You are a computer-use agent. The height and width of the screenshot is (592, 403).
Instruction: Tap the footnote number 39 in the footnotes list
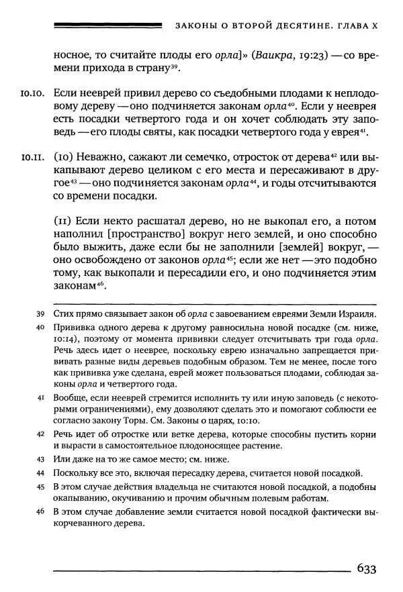click(40, 314)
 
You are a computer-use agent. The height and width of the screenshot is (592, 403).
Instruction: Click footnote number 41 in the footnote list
click(40, 397)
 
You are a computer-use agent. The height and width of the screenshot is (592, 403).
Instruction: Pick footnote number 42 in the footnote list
click(40, 434)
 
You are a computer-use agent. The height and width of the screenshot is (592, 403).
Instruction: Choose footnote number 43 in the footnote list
click(40, 459)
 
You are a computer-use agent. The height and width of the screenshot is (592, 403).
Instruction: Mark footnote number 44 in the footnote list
click(40, 473)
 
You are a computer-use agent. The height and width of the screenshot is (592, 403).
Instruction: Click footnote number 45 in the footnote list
click(40, 487)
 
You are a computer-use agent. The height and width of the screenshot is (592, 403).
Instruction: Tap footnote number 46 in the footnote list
click(40, 513)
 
